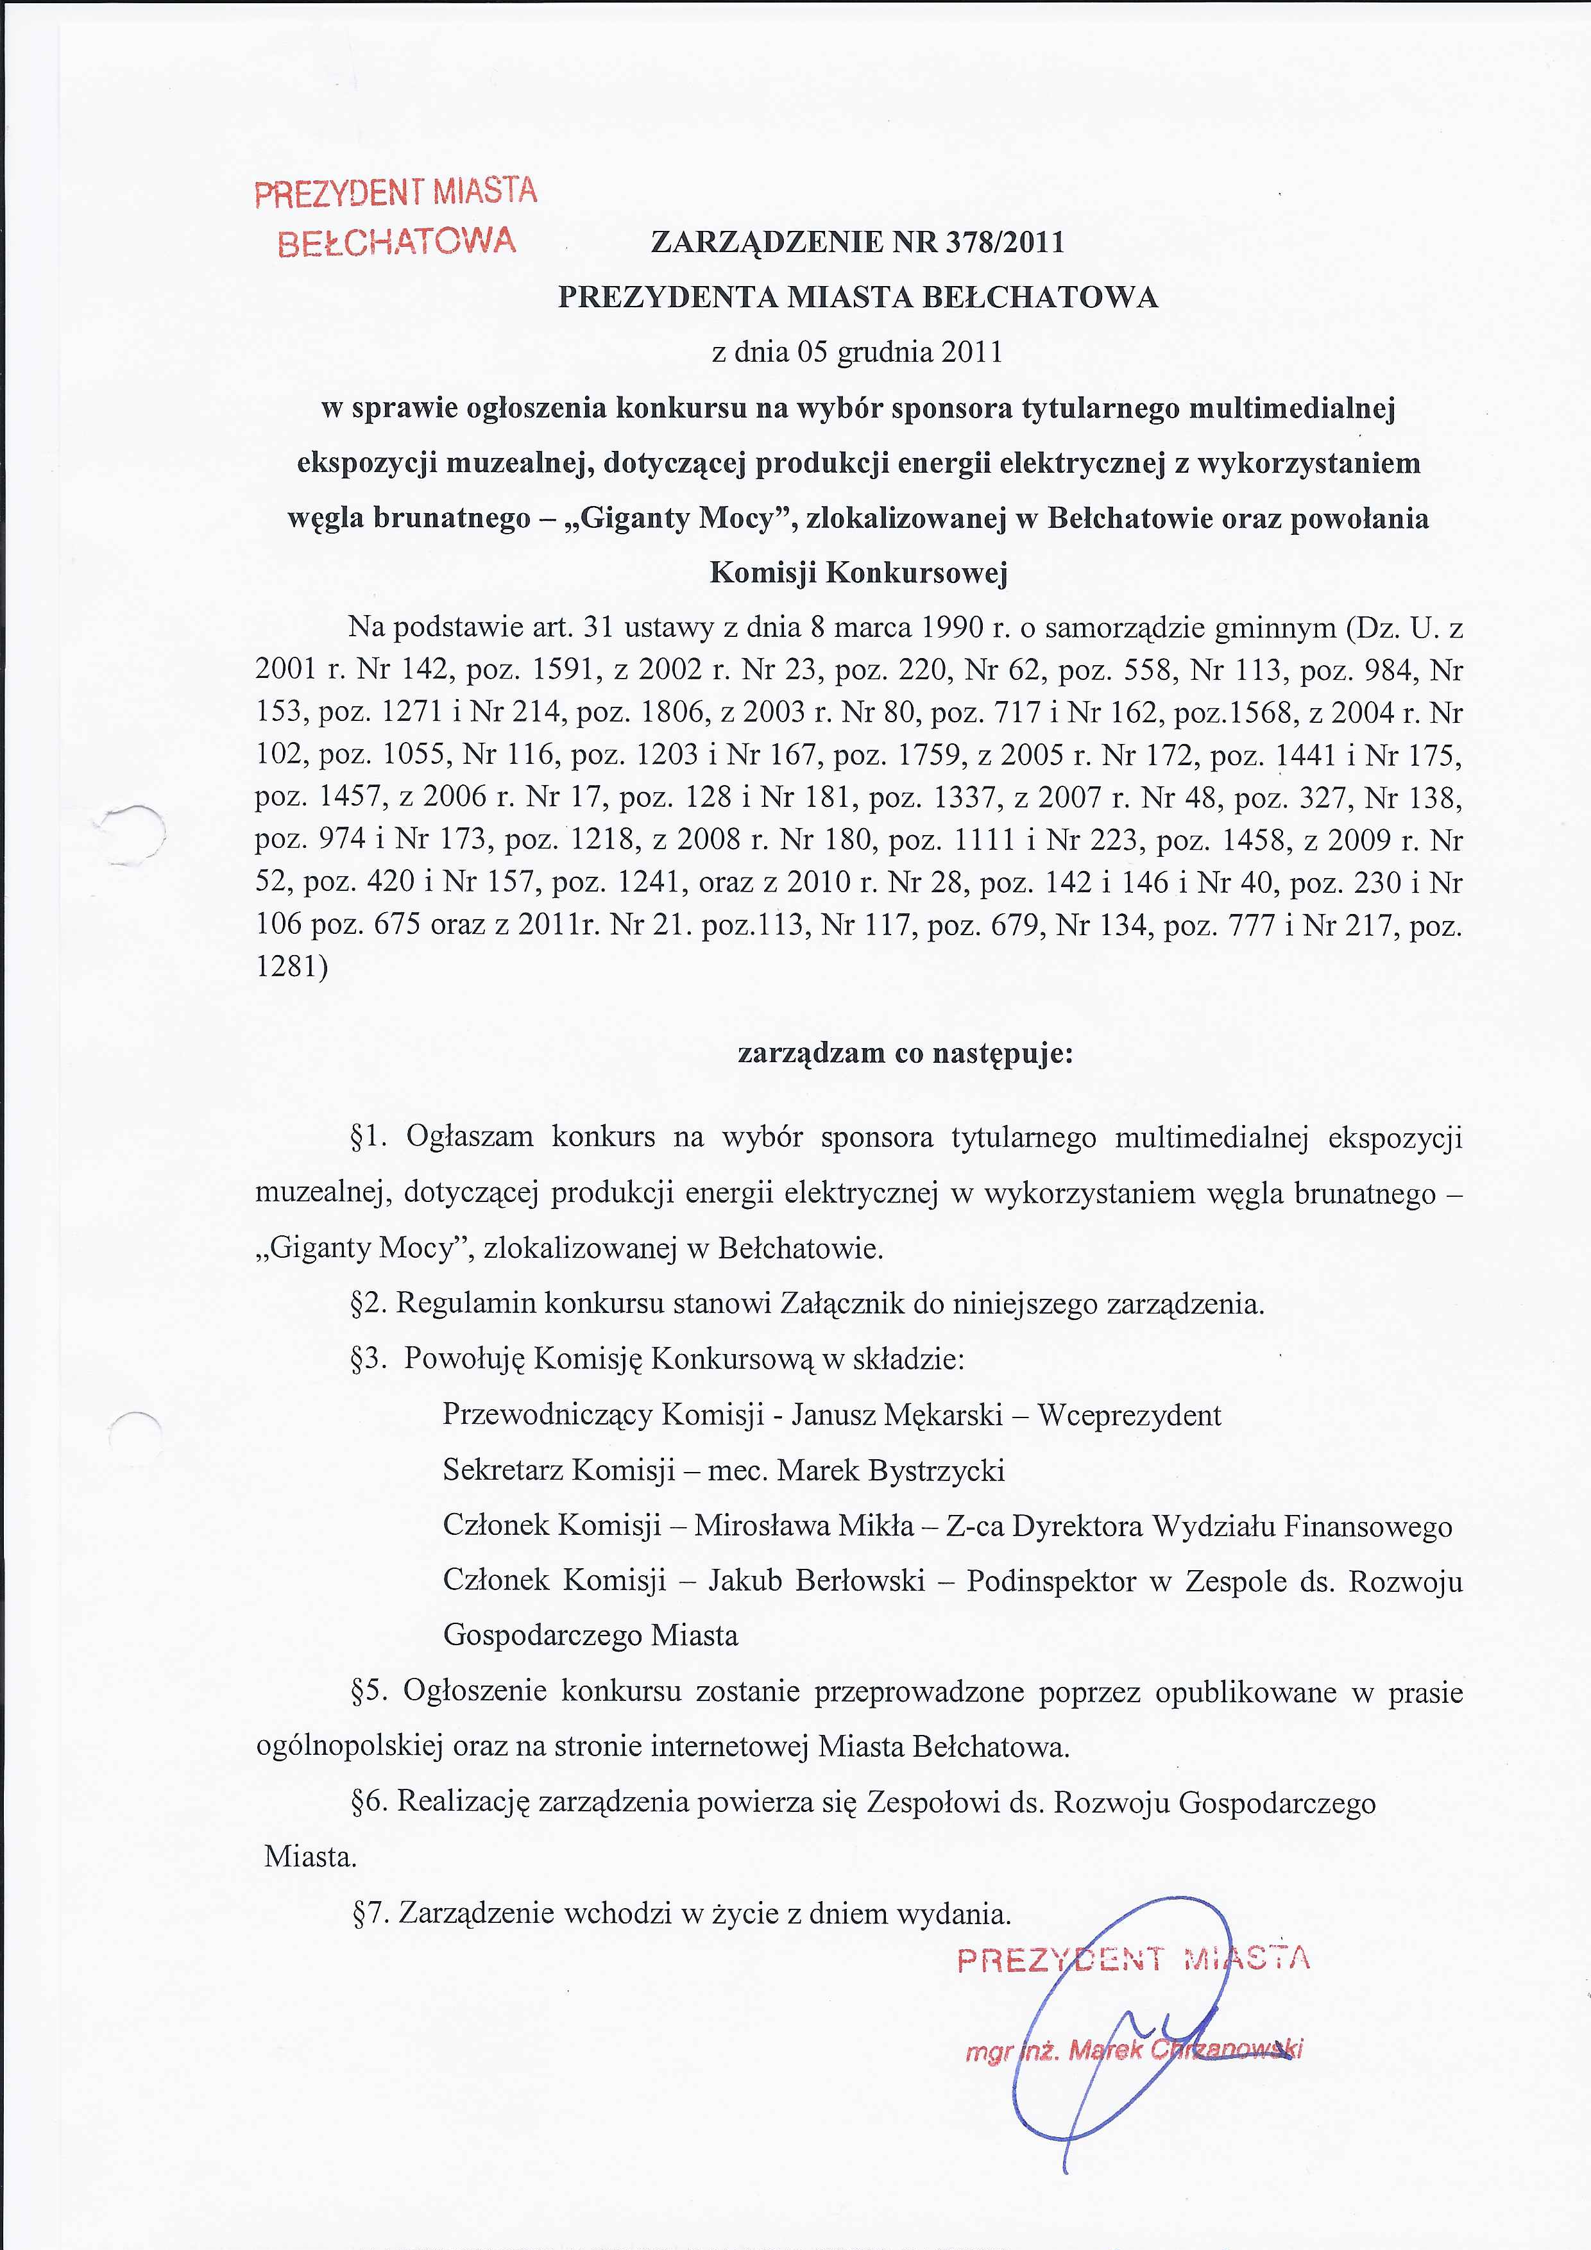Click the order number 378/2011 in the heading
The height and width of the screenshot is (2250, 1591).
pos(1004,242)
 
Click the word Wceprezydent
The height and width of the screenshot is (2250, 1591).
pos(1128,1415)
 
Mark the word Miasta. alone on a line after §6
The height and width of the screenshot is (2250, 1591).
pos(311,1857)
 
